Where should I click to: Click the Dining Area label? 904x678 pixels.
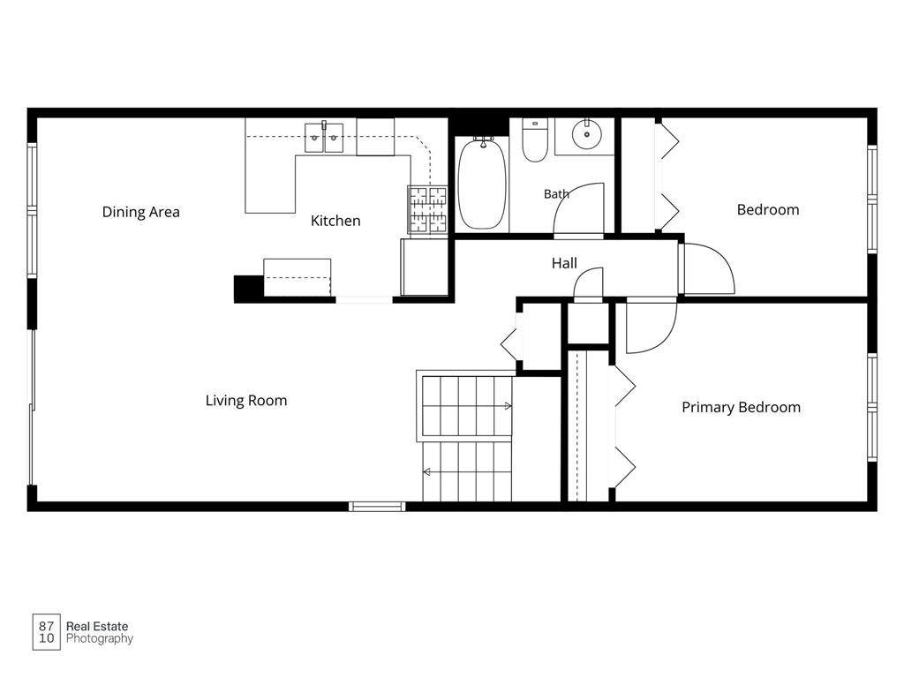pyautogui.click(x=140, y=212)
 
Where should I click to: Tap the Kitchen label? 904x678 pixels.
pyautogui.click(x=335, y=221)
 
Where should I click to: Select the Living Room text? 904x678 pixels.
pyautogui.click(x=246, y=401)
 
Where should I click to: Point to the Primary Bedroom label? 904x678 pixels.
pyautogui.click(x=741, y=408)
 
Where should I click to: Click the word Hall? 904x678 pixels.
pyautogui.click(x=564, y=263)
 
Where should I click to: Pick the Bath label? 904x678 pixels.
pyautogui.click(x=556, y=194)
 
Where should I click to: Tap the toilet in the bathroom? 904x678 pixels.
pyautogui.click(x=534, y=140)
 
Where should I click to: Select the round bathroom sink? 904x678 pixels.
pyautogui.click(x=587, y=135)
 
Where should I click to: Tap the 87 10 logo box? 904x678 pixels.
pyautogui.click(x=46, y=632)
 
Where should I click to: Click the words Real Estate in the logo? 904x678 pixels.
pyautogui.click(x=97, y=626)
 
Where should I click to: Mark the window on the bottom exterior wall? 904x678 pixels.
pyautogui.click(x=377, y=507)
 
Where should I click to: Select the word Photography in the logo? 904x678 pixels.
pyautogui.click(x=100, y=639)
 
